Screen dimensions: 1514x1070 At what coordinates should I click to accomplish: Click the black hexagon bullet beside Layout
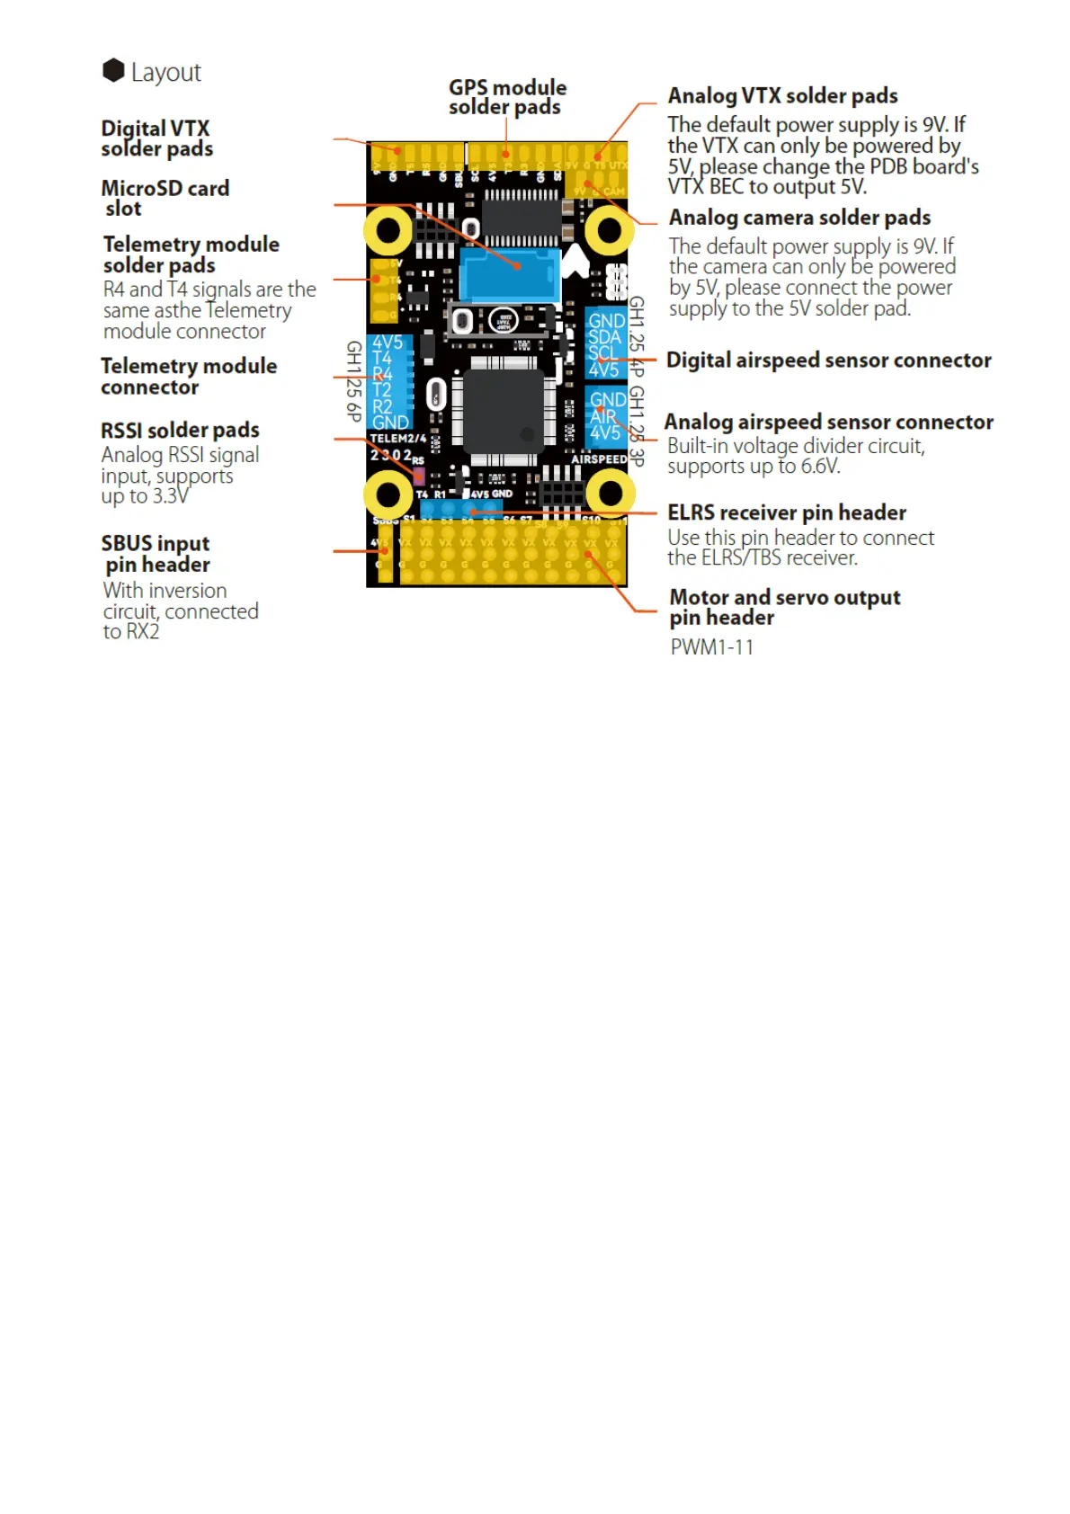pos(113,70)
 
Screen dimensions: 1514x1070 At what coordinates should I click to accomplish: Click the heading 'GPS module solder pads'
pos(507,97)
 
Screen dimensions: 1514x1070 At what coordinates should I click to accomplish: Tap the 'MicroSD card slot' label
pos(165,198)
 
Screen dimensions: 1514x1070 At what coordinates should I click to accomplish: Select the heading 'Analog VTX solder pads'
pos(782,96)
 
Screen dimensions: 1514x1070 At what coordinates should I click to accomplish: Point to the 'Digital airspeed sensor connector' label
pos(828,361)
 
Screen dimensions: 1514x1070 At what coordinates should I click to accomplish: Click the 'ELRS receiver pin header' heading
pos(786,512)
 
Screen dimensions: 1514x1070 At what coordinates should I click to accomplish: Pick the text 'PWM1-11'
pos(711,647)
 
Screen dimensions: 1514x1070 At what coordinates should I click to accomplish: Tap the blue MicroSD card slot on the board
pos(509,274)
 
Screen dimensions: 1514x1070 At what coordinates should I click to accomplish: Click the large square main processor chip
pos(504,410)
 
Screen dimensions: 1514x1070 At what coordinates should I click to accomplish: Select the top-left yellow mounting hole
pos(388,231)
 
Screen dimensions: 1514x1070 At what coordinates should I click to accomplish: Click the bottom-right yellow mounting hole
pos(611,493)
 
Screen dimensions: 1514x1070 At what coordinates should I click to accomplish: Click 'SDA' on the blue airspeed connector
pos(604,337)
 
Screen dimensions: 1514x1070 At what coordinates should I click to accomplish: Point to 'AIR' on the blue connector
pos(603,417)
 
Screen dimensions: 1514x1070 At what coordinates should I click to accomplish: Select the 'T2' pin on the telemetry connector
pos(382,390)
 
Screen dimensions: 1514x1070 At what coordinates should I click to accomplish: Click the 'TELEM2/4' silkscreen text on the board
pos(397,439)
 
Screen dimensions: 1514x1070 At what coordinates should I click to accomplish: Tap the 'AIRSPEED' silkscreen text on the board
pos(599,459)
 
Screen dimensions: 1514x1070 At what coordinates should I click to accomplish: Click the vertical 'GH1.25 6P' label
pos(354,381)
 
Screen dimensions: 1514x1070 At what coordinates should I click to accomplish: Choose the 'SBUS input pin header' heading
pos(156,554)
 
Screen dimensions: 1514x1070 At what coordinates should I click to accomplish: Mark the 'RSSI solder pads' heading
pos(180,431)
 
